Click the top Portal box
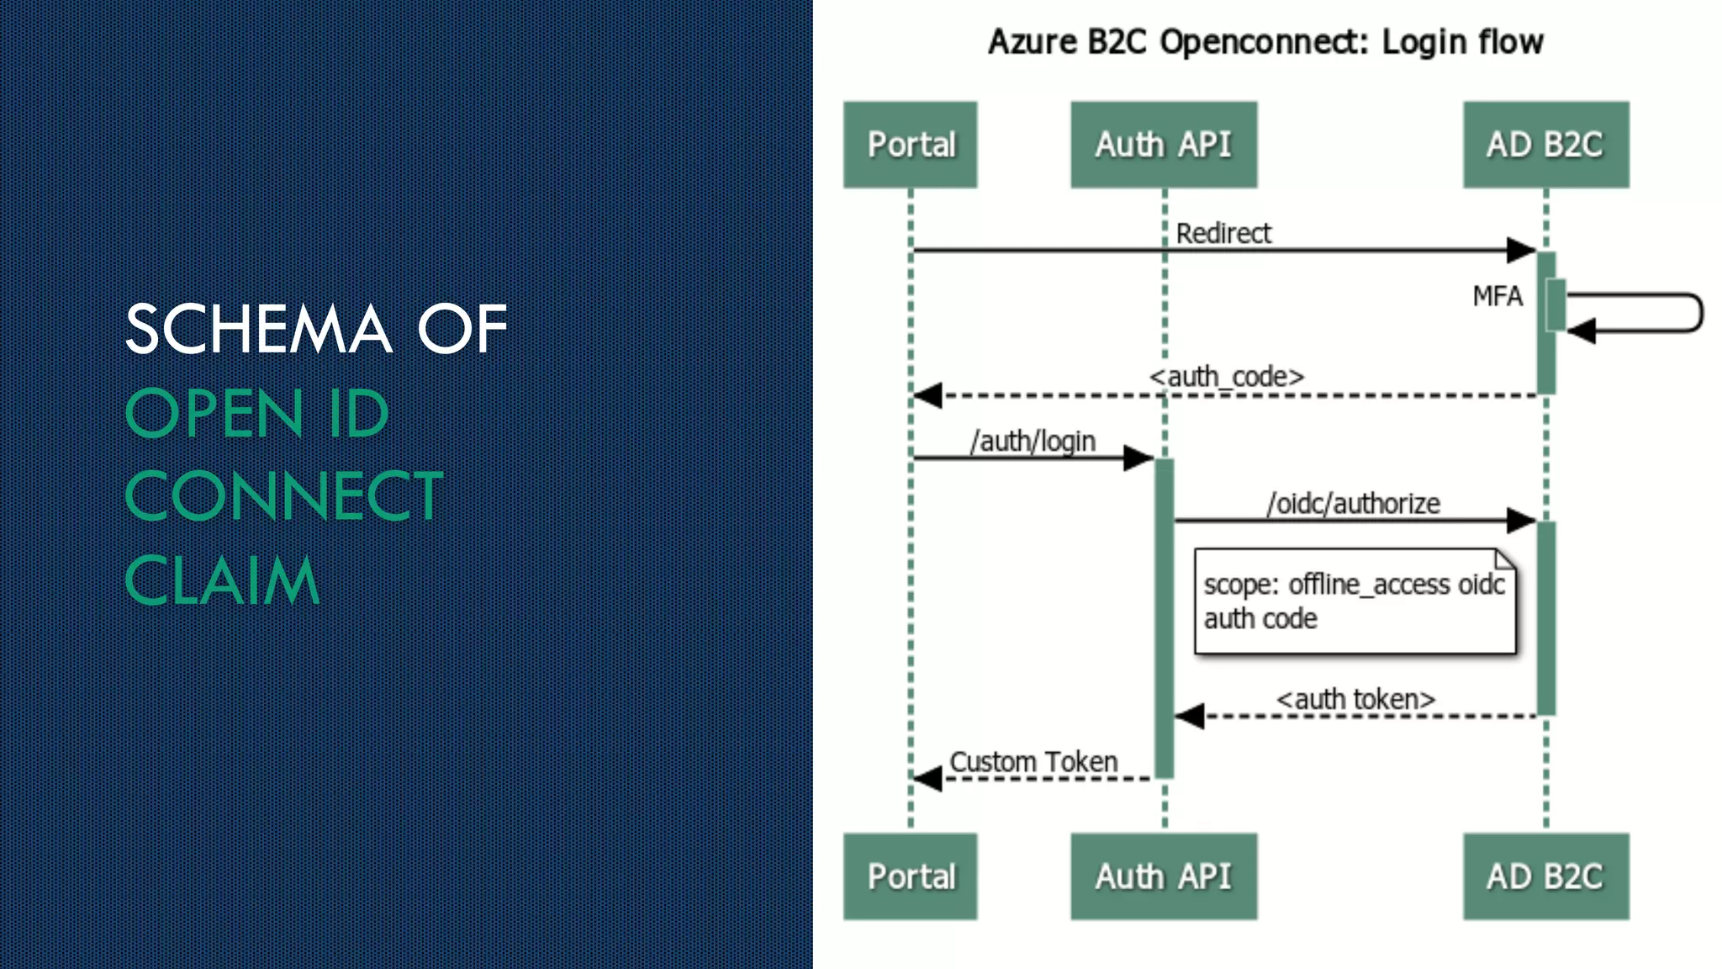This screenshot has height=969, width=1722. point(911,145)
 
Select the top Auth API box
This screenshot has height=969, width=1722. point(1164,145)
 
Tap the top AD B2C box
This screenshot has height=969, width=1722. point(1545,145)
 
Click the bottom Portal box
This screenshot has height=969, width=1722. point(911,876)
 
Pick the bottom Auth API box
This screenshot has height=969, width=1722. point(1164,876)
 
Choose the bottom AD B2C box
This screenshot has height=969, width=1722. point(1545,876)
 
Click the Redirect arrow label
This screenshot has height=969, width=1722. point(1223,233)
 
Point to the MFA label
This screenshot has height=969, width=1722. point(1497,296)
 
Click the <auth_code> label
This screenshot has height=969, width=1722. point(1227,376)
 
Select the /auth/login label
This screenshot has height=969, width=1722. point(1033,441)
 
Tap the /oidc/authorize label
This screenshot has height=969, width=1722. point(1353,503)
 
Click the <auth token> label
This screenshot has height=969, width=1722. point(1355,699)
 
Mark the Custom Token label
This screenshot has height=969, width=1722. point(1033,761)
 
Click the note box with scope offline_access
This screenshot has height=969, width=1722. point(1355,601)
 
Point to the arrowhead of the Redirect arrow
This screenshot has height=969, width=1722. point(1521,250)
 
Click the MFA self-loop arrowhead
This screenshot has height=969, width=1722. point(1582,331)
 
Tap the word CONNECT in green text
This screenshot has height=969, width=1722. point(283,496)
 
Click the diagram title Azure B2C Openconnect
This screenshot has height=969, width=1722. point(1265,41)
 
